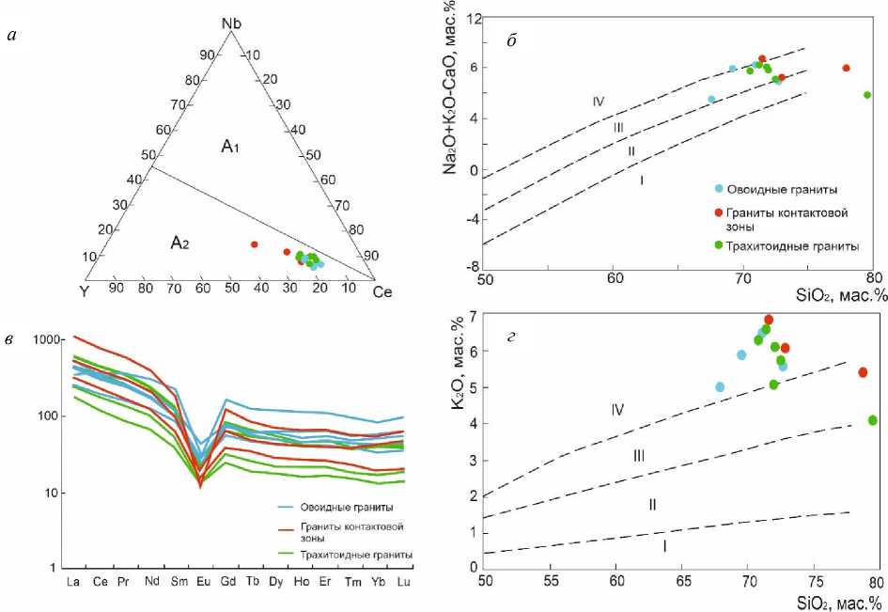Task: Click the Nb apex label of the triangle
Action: point(231,23)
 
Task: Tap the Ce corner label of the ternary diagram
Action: point(382,290)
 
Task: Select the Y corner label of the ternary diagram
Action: point(85,290)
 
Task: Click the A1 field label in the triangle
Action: point(231,146)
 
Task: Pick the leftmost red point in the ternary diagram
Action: point(254,244)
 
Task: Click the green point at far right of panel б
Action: point(867,95)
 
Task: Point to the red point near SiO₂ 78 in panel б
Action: point(846,68)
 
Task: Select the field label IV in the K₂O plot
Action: point(617,409)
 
